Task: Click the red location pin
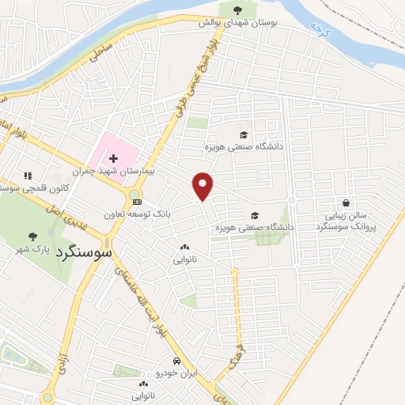click(x=203, y=184)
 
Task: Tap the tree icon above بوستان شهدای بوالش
click(x=237, y=9)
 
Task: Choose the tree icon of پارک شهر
click(x=32, y=236)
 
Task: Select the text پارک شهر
click(x=32, y=249)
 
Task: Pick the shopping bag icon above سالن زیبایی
click(x=346, y=202)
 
